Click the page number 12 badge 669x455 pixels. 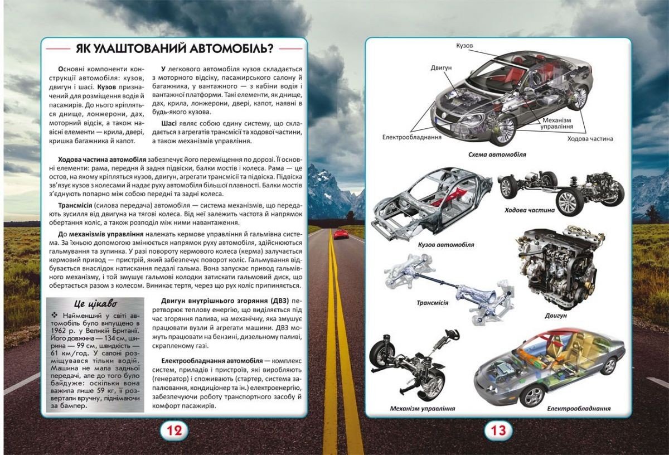pos(173,430)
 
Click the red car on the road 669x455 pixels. pos(341,235)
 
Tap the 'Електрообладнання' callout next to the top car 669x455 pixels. pos(412,137)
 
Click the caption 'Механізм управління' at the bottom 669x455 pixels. pos(423,409)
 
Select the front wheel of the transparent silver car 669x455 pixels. pos(531,395)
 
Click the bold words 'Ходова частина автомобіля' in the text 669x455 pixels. pos(101,160)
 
